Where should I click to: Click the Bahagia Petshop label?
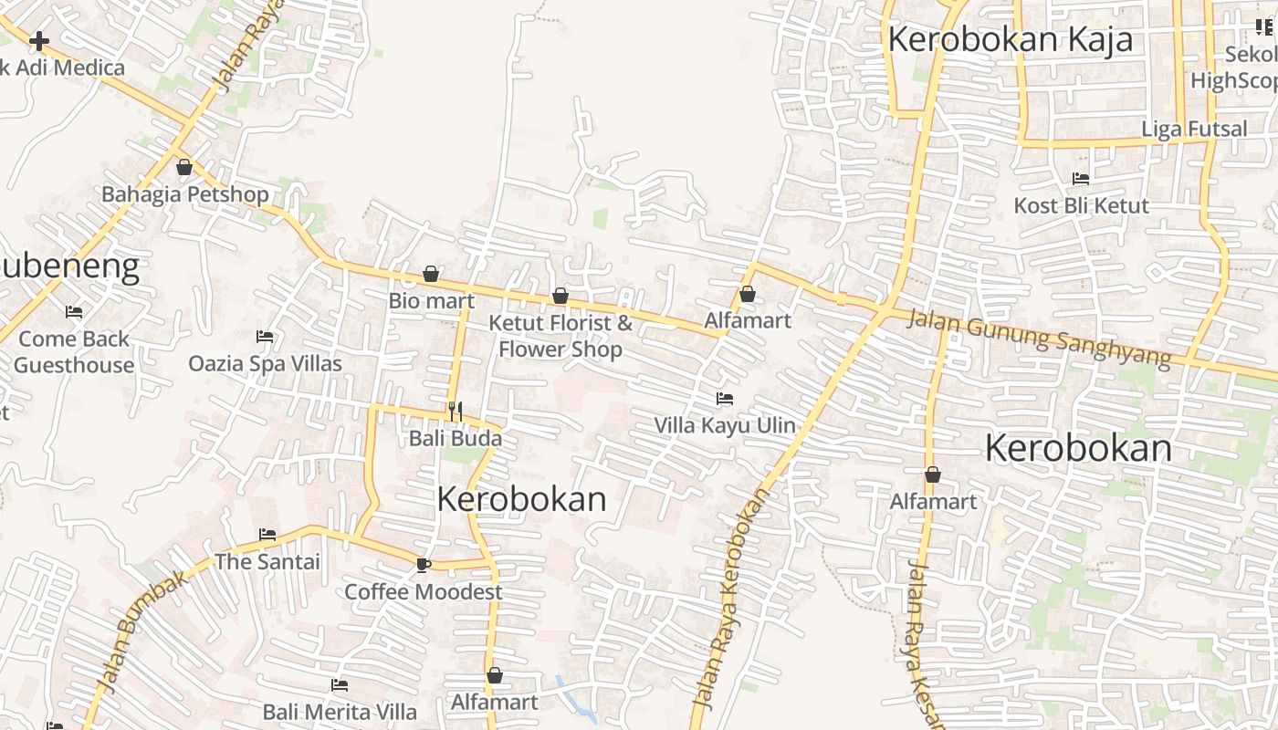click(x=185, y=194)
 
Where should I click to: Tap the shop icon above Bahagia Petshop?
click(x=184, y=167)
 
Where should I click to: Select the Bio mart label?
click(x=432, y=300)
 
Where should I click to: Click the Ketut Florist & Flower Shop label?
click(x=560, y=336)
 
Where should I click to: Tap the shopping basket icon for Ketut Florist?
click(x=560, y=296)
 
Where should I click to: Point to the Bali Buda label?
click(x=456, y=438)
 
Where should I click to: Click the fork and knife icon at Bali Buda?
click(x=456, y=412)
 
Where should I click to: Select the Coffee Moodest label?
click(x=424, y=591)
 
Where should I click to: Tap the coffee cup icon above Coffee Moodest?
click(x=423, y=565)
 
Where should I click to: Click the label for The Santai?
click(x=267, y=561)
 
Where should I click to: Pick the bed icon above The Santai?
click(x=267, y=534)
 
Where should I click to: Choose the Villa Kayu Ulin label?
click(x=725, y=425)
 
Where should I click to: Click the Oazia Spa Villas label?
click(x=265, y=363)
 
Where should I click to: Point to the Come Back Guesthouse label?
click(x=74, y=351)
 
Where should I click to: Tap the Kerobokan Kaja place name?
click(x=1010, y=39)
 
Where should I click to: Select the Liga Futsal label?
click(x=1194, y=129)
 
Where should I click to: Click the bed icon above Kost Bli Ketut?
click(x=1081, y=179)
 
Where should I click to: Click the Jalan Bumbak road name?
click(x=143, y=631)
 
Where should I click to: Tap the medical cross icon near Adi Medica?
click(x=39, y=41)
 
